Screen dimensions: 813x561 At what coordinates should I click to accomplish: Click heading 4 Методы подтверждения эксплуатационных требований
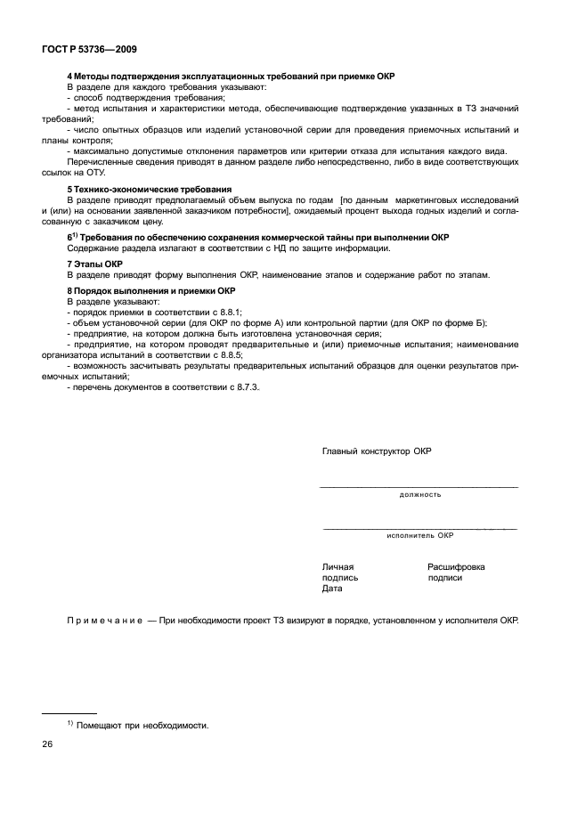coord(231,77)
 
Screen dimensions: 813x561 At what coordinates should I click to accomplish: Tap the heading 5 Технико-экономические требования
coord(137,190)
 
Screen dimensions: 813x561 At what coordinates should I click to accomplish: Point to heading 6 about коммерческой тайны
coord(258,238)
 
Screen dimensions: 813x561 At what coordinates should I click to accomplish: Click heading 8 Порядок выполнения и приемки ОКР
coord(151,290)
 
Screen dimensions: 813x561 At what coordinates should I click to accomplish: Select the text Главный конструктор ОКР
coord(376,451)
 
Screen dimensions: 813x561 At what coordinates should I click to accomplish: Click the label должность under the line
coord(419,494)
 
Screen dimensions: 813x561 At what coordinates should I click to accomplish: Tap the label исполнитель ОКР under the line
coord(419,536)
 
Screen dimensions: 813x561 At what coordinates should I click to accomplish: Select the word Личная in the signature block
coord(337,566)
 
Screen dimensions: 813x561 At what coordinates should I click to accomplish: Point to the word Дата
coord(332,589)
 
